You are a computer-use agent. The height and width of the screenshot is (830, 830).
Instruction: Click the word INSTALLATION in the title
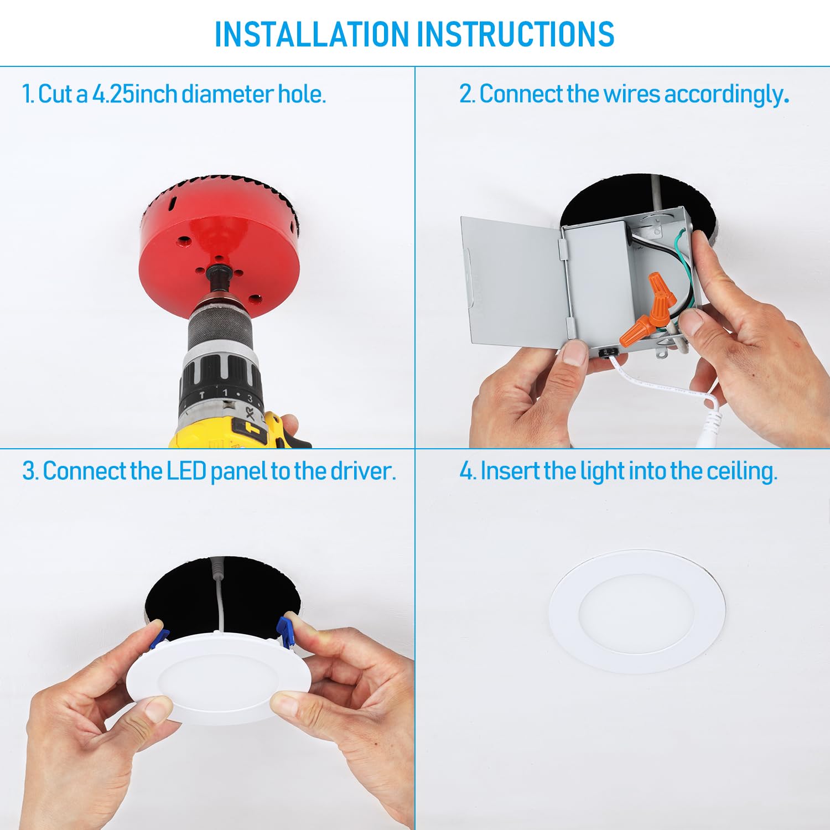click(313, 34)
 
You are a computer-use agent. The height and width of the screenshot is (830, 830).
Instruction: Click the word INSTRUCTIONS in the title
click(515, 34)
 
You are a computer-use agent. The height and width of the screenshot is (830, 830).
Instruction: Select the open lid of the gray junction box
click(512, 282)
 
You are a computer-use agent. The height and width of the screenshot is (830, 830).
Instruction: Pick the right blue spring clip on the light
click(284, 631)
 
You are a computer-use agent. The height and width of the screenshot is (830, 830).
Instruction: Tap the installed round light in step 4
click(636, 611)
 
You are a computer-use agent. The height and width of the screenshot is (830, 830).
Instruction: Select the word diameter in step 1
click(228, 94)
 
